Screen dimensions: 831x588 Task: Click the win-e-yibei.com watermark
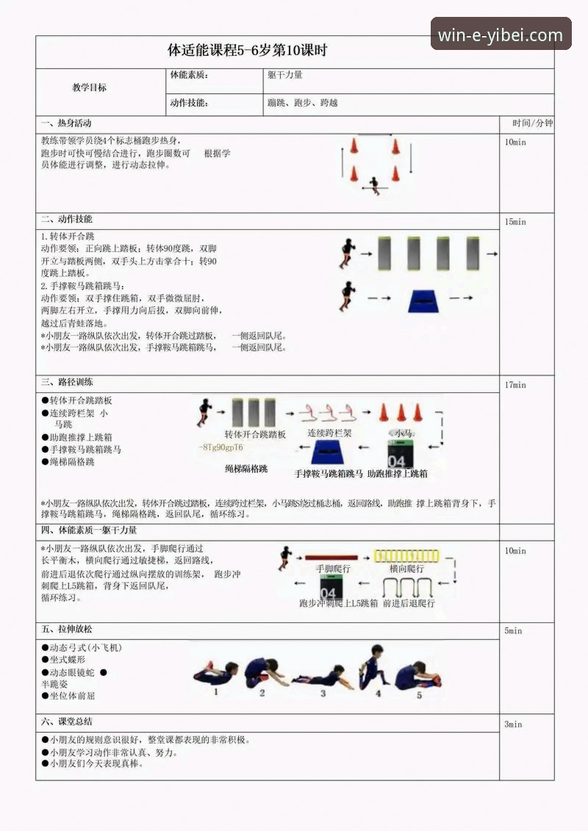(x=501, y=35)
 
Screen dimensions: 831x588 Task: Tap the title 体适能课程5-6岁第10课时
(x=247, y=51)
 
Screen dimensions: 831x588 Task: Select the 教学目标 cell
(x=89, y=87)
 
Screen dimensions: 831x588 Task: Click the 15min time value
(x=516, y=222)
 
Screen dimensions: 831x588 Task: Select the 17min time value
(x=516, y=385)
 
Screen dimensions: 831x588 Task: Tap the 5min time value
(x=513, y=631)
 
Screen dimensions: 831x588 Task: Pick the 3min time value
(x=513, y=724)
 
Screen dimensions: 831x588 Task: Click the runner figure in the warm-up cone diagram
(x=375, y=184)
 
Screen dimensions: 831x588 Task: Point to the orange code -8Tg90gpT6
(x=221, y=447)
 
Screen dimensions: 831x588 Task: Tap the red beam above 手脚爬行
(x=331, y=558)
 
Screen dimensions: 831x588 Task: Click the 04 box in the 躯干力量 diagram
(x=330, y=588)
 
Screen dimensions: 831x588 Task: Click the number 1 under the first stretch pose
(x=215, y=691)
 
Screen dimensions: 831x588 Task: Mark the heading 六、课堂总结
(x=67, y=722)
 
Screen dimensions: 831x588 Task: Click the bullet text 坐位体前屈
(x=72, y=696)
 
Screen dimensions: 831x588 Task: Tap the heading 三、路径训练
(x=67, y=383)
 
